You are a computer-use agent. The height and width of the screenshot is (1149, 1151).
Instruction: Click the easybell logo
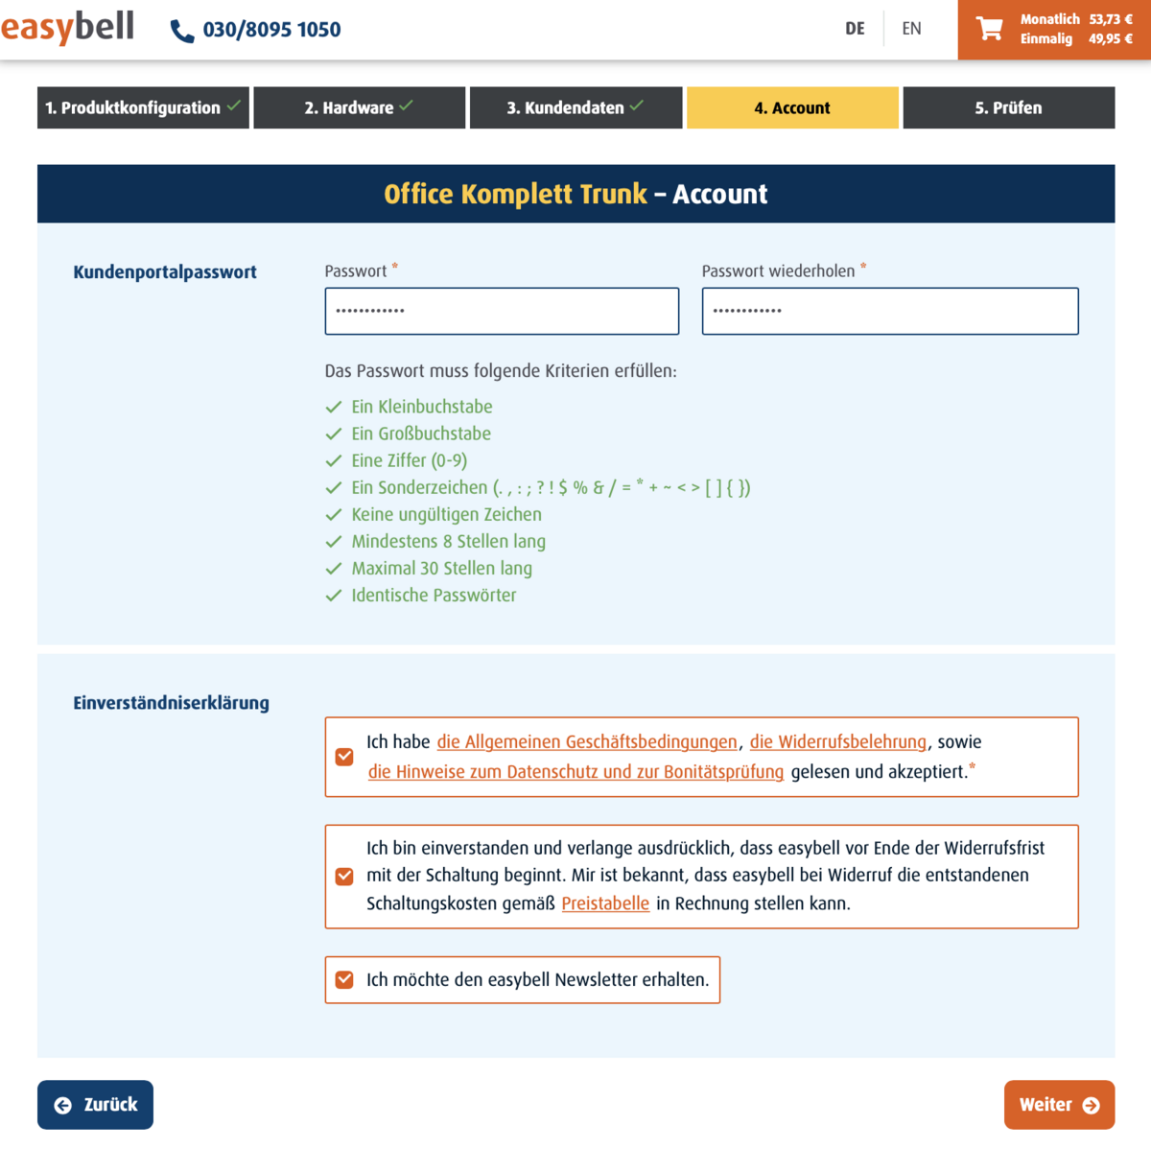pyautogui.click(x=67, y=27)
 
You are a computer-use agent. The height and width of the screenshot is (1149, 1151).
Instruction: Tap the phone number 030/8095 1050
pyautogui.click(x=271, y=30)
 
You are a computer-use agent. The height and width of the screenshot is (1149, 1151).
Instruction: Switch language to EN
pyautogui.click(x=911, y=29)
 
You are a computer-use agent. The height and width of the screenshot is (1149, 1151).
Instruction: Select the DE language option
pyautogui.click(x=855, y=29)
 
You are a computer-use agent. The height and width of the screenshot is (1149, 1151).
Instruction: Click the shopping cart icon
pyautogui.click(x=989, y=29)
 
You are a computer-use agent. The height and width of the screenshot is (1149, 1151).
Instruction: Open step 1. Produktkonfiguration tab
pyautogui.click(x=143, y=107)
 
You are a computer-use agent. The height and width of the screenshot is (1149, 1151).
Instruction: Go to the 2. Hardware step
pyautogui.click(x=359, y=107)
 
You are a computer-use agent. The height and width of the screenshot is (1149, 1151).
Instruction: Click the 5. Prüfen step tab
pyautogui.click(x=1008, y=107)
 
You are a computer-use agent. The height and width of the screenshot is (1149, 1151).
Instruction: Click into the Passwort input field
pyautogui.click(x=502, y=311)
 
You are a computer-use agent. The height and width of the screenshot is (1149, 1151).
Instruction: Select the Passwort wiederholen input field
pyautogui.click(x=889, y=311)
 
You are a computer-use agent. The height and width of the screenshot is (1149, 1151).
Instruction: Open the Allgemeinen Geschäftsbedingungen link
pyautogui.click(x=587, y=741)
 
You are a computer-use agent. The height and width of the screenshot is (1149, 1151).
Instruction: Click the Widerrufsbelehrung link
pyautogui.click(x=837, y=741)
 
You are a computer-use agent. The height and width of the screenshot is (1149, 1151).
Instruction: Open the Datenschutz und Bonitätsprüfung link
pyautogui.click(x=575, y=772)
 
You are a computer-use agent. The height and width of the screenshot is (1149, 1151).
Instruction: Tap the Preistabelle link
pyautogui.click(x=605, y=903)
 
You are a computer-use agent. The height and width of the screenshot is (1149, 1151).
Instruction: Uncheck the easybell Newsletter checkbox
pyautogui.click(x=344, y=979)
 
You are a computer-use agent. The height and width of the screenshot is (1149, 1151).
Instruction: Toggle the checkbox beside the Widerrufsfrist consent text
pyautogui.click(x=344, y=876)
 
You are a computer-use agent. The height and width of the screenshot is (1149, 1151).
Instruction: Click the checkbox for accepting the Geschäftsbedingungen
pyautogui.click(x=344, y=757)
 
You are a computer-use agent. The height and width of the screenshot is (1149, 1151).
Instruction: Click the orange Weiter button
pyautogui.click(x=1059, y=1105)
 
